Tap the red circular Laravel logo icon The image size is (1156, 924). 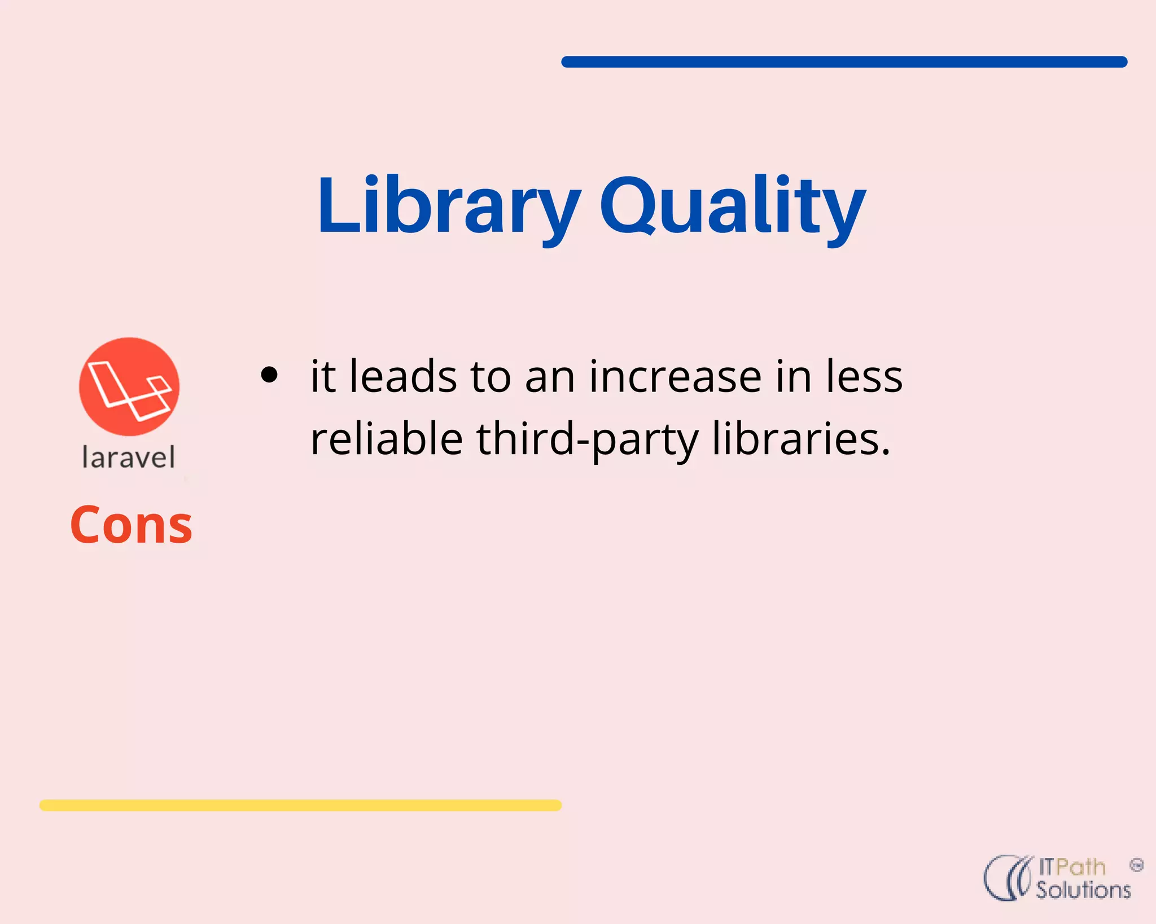click(x=129, y=387)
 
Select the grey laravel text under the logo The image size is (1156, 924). click(x=129, y=457)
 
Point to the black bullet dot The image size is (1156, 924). click(x=270, y=375)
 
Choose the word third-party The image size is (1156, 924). click(x=588, y=440)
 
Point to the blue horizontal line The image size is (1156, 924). click(x=844, y=62)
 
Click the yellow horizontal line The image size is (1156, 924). click(x=300, y=805)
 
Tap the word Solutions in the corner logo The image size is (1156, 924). click(x=1083, y=890)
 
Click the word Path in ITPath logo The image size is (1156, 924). click(x=1080, y=867)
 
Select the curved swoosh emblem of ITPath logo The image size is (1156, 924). click(x=1008, y=878)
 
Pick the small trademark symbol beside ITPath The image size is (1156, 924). click(x=1136, y=865)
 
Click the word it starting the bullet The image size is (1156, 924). click(x=323, y=376)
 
